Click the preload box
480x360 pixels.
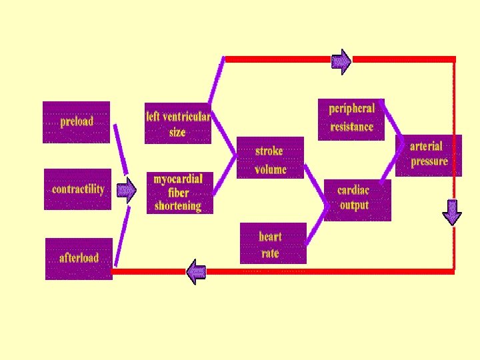(x=76, y=122)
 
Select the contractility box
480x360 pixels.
(x=78, y=189)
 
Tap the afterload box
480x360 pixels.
(x=79, y=258)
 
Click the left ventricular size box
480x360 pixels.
(x=178, y=123)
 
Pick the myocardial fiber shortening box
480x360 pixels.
(x=179, y=193)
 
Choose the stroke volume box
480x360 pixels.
(x=270, y=158)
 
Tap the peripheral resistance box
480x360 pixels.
(x=351, y=119)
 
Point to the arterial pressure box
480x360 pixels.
(x=429, y=155)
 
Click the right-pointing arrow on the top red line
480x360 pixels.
(x=341, y=61)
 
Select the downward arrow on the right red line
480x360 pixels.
(x=452, y=212)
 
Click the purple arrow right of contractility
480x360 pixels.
(x=125, y=190)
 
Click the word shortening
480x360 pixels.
(x=178, y=206)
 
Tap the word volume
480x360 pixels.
(x=271, y=169)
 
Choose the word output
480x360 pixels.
(x=354, y=205)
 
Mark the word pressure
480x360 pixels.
(x=429, y=162)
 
